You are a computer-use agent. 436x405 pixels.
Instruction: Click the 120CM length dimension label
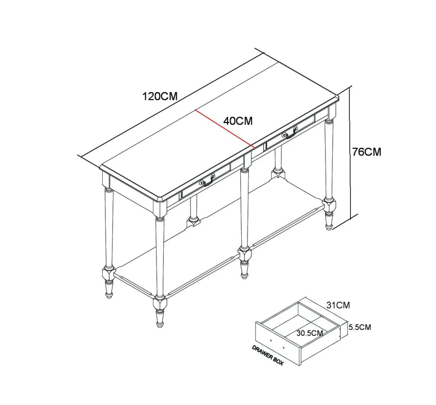pyautogui.click(x=159, y=96)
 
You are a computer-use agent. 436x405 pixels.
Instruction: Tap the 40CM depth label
pyautogui.click(x=238, y=121)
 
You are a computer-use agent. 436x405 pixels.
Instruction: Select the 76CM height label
pyautogui.click(x=367, y=152)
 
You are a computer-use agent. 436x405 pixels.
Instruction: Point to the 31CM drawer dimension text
pyautogui.click(x=338, y=305)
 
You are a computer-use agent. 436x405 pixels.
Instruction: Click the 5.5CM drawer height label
pyautogui.click(x=360, y=327)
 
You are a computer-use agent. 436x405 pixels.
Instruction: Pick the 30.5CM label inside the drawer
pyautogui.click(x=310, y=333)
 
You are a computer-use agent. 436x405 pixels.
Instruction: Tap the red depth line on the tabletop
pyautogui.click(x=225, y=128)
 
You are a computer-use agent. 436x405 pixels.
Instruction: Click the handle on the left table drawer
pyautogui.click(x=207, y=181)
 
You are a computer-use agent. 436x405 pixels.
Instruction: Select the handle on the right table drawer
pyautogui.click(x=290, y=132)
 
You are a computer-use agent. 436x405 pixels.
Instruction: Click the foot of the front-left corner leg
pyautogui.click(x=159, y=318)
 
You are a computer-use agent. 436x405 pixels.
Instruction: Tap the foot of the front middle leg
pyautogui.click(x=244, y=269)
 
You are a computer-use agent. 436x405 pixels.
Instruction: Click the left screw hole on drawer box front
pyautogui.click(x=271, y=340)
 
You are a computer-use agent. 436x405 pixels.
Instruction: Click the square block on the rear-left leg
pyautogui.click(x=193, y=221)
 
